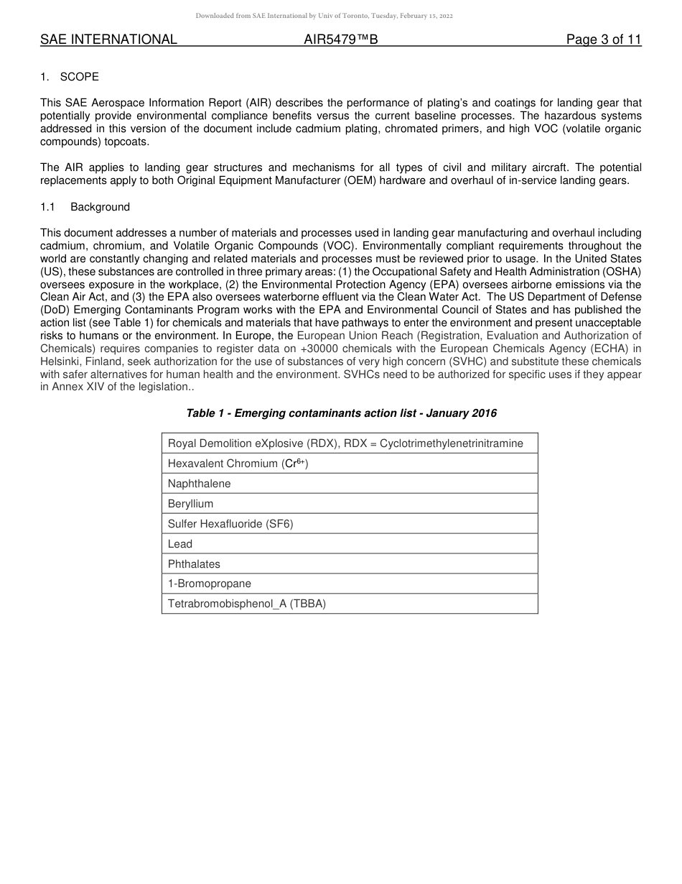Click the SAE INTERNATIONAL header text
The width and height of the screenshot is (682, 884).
tap(108, 40)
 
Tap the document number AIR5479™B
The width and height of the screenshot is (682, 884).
tap(340, 40)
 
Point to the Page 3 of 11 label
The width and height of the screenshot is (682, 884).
tap(603, 40)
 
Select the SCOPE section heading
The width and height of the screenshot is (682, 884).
tap(79, 77)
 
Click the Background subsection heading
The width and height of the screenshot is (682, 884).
tap(100, 207)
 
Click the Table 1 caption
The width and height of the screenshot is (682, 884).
tap(341, 413)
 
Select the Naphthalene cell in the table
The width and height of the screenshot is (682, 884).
tap(199, 484)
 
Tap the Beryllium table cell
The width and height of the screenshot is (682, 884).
tap(190, 504)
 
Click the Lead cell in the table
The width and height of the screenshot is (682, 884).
tap(180, 544)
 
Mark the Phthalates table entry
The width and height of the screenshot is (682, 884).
tap(194, 564)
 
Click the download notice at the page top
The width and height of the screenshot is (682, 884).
tap(324, 16)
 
